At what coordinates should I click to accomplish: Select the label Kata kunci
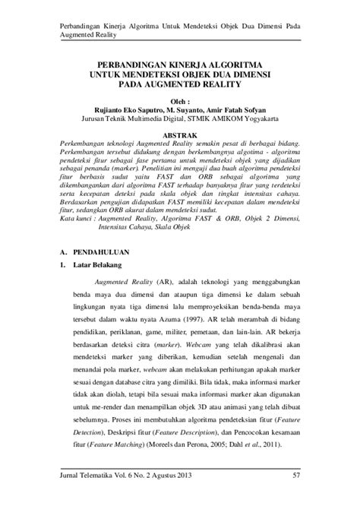pos(77,218)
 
